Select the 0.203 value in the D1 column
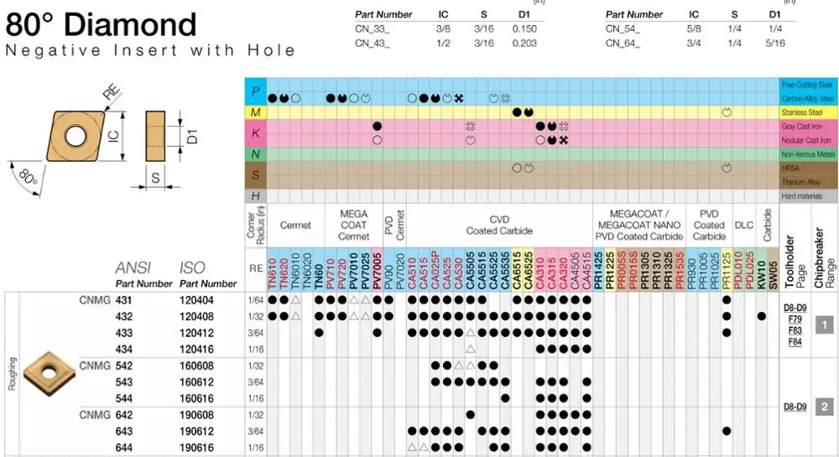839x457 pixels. [x=524, y=43]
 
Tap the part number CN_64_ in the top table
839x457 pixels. [x=622, y=43]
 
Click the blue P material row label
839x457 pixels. [x=254, y=91]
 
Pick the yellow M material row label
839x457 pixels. [x=254, y=112]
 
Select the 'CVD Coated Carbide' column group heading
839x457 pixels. [x=499, y=225]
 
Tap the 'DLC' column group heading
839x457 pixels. [x=743, y=225]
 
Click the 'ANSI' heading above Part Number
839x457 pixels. [x=133, y=268]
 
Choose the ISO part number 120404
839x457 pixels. [x=196, y=299]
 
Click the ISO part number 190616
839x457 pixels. [x=196, y=448]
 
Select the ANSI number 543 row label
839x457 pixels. [x=123, y=382]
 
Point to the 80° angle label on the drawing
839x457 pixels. [x=29, y=178]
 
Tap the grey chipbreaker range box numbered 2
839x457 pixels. [x=825, y=407]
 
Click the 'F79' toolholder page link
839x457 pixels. [x=795, y=319]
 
